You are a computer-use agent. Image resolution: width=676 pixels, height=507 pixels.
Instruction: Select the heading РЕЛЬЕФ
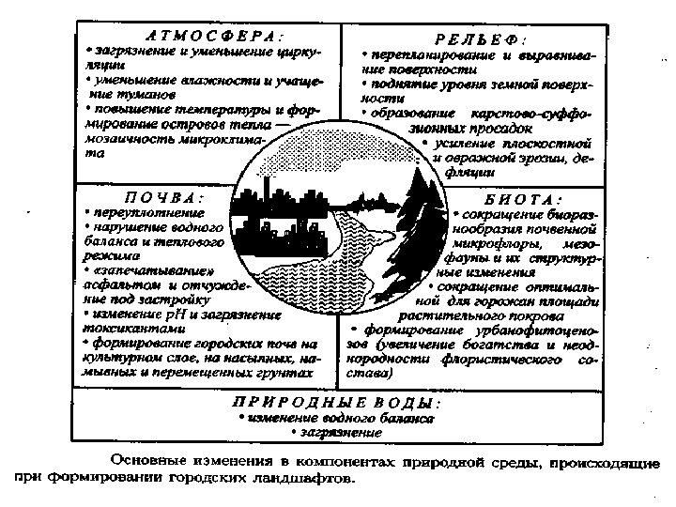point(479,40)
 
